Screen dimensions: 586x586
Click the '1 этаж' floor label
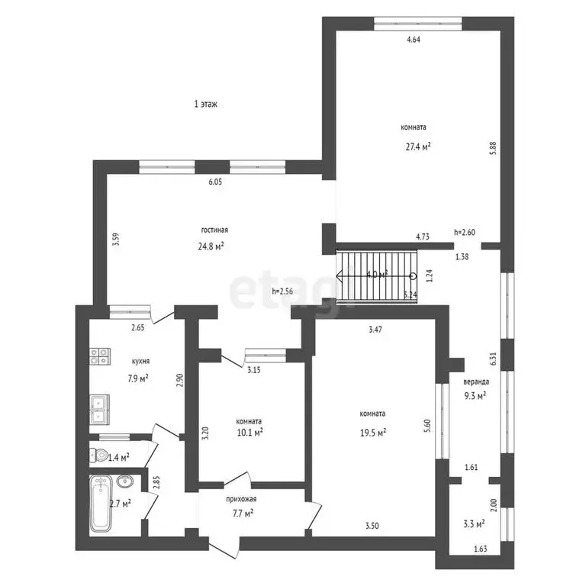coord(206,105)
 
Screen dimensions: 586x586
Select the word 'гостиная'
coord(215,230)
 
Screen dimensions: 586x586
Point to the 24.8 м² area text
coord(211,246)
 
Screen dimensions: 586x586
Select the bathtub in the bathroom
coord(101,504)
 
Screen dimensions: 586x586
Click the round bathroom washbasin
coord(126,481)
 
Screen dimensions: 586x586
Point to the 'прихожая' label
coord(241,499)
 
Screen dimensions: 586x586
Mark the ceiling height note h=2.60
coord(465,232)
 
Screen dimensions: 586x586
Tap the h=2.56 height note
coord(284,291)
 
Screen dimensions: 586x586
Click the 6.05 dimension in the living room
coord(216,182)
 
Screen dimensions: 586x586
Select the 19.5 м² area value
coord(372,431)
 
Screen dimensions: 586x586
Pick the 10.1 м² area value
coord(250,432)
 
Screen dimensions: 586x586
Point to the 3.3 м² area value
coord(475,523)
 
